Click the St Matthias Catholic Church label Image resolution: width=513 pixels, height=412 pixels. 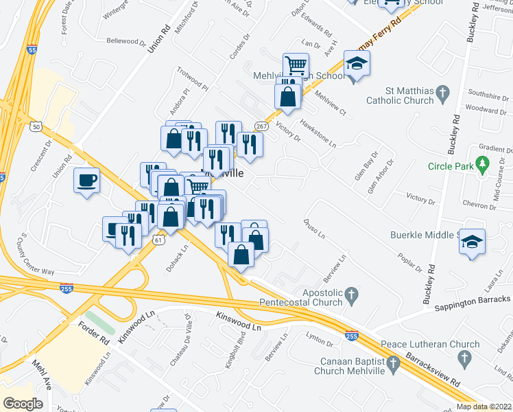pos(409,95)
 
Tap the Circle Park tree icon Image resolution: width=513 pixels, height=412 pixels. pos(484,165)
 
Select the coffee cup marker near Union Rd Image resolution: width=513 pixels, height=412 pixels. pos(86,181)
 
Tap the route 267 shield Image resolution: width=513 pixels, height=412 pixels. pos(261,126)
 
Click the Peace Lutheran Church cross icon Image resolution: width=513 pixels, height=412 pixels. pos(464,357)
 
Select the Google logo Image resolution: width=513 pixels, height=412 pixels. pos(23,403)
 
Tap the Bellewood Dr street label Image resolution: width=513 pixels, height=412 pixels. pos(126,43)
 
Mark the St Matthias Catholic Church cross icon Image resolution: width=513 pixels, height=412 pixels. pos(442,91)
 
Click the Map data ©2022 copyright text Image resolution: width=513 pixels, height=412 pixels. pos(484,407)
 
